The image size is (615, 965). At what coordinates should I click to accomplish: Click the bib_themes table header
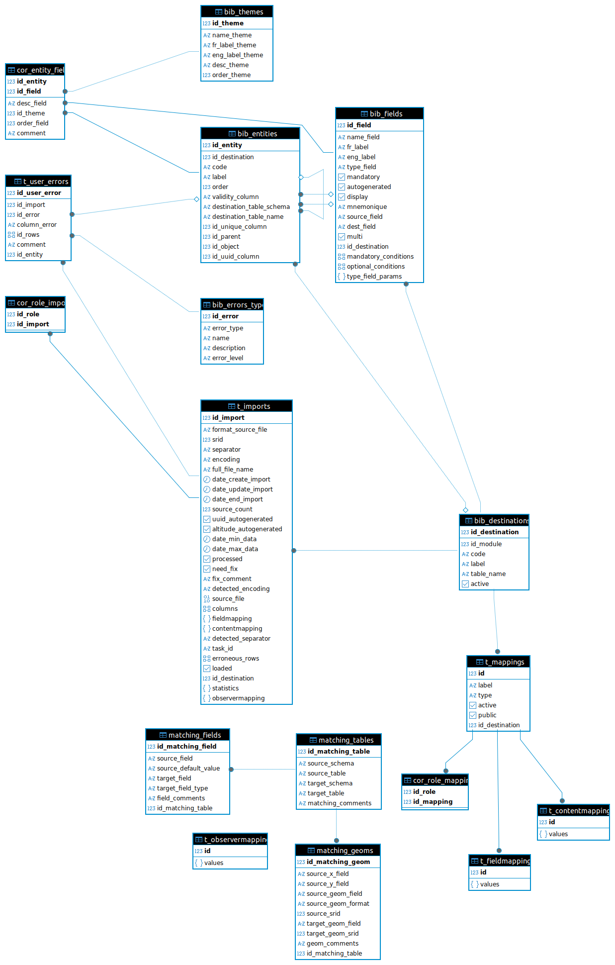click(x=237, y=11)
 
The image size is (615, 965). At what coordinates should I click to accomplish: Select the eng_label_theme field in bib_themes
click(x=237, y=55)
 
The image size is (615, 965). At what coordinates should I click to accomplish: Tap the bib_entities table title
click(x=251, y=133)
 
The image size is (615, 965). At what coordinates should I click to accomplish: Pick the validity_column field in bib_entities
click(x=235, y=197)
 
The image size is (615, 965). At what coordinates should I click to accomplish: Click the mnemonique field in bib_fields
click(x=366, y=207)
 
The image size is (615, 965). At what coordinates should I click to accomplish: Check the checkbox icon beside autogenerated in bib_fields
click(x=342, y=187)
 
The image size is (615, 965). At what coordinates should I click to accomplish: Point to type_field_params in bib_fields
click(x=374, y=277)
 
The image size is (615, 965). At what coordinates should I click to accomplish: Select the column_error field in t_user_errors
click(x=36, y=225)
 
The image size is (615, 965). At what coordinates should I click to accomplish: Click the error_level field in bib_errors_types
click(x=228, y=358)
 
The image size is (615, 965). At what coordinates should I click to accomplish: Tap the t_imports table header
click(x=247, y=406)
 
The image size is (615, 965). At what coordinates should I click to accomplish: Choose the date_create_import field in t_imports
click(x=241, y=480)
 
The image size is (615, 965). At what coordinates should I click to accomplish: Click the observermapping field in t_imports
click(x=238, y=698)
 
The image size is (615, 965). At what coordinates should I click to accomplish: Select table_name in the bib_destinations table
click(x=488, y=574)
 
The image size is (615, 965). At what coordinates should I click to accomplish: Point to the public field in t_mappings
click(x=487, y=715)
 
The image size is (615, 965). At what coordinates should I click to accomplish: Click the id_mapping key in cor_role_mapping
click(x=433, y=802)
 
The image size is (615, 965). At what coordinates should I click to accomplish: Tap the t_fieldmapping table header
click(x=500, y=861)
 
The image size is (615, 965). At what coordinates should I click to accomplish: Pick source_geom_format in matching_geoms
click(x=338, y=904)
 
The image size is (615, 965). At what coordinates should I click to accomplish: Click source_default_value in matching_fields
click(x=188, y=769)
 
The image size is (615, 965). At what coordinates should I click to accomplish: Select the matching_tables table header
click(x=339, y=740)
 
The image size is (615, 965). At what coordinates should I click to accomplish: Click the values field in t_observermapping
click(x=214, y=863)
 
